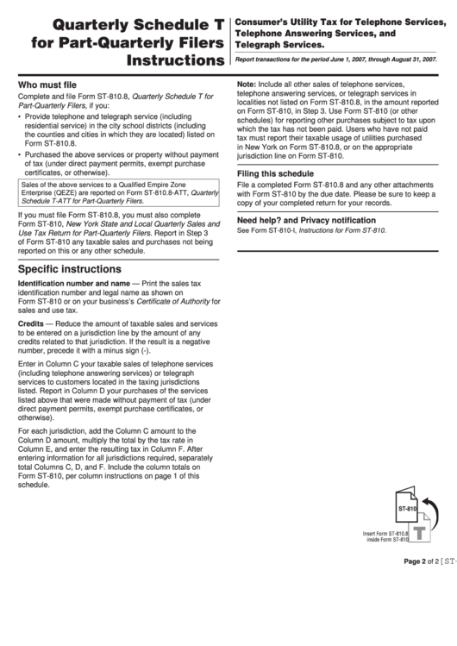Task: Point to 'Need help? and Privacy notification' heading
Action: click(x=306, y=220)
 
